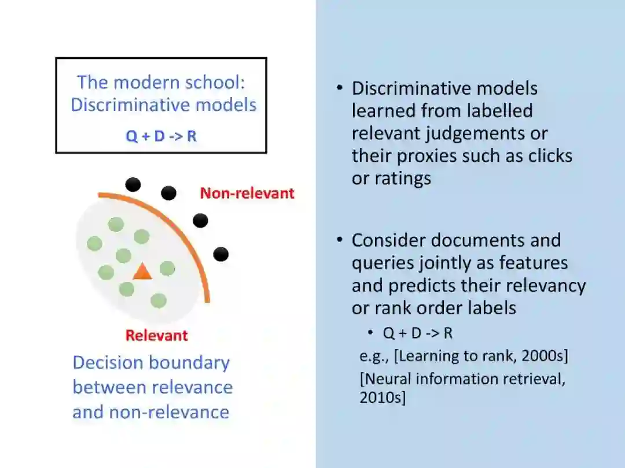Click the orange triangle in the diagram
(x=142, y=272)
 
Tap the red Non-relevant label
(x=247, y=193)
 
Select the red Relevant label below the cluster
(x=157, y=335)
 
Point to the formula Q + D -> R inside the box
(x=161, y=137)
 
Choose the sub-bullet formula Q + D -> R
(x=417, y=333)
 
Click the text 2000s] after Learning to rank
(x=544, y=356)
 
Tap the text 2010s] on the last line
(x=383, y=398)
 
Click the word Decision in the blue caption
(x=108, y=363)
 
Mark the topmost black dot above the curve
(x=133, y=184)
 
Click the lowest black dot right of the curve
(x=220, y=254)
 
